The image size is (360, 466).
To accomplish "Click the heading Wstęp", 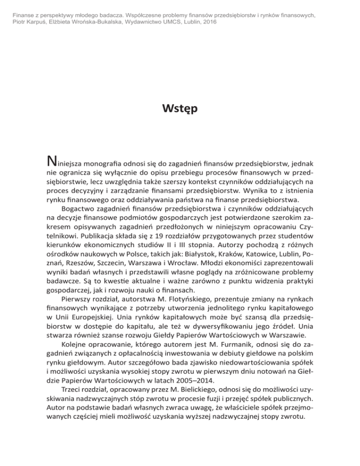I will (x=180, y=110).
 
